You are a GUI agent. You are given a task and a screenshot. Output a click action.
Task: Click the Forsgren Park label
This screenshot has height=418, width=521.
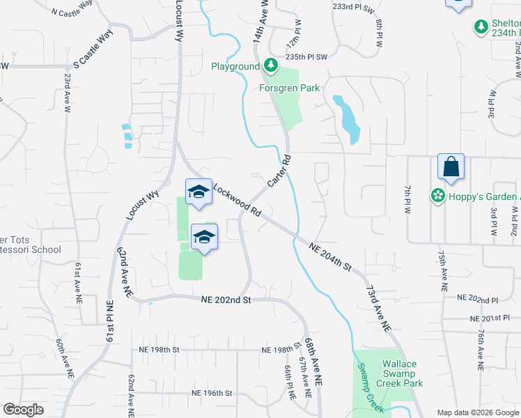click(x=289, y=88)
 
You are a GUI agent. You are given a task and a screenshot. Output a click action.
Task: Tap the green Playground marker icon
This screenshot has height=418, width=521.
click(x=269, y=67)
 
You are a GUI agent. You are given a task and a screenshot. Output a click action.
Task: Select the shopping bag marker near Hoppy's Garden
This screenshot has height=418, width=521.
click(x=451, y=167)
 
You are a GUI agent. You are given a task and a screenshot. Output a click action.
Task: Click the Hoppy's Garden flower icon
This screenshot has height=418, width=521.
click(x=437, y=196)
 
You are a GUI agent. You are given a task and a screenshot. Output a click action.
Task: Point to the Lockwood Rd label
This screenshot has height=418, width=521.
click(x=238, y=200)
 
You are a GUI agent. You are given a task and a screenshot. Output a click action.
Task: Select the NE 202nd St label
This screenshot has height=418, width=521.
click(x=224, y=300)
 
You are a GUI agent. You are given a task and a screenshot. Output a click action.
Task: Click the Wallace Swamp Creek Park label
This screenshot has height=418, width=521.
click(x=399, y=373)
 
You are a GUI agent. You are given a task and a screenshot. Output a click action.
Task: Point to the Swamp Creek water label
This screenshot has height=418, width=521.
click(x=371, y=387)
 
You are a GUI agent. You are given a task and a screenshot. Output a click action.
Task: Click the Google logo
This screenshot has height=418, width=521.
click(x=23, y=410)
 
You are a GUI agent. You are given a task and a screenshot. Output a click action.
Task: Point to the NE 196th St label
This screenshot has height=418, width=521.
click(x=211, y=394)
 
